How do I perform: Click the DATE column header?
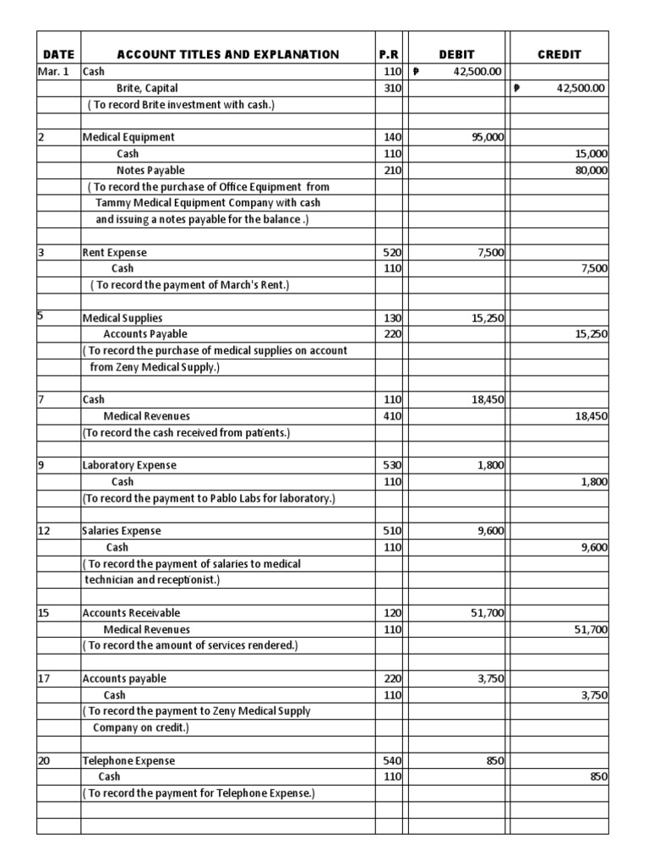point(58,54)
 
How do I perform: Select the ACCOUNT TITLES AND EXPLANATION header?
point(227,54)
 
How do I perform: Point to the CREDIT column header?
point(559,54)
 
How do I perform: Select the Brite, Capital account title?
point(147,88)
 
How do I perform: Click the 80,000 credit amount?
point(591,170)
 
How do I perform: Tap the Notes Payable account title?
point(150,170)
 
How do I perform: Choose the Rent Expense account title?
point(114,252)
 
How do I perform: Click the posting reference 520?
point(391,252)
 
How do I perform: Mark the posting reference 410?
point(391,416)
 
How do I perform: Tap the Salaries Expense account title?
point(122,531)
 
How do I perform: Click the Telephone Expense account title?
point(128,761)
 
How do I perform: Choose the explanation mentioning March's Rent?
point(190,285)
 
